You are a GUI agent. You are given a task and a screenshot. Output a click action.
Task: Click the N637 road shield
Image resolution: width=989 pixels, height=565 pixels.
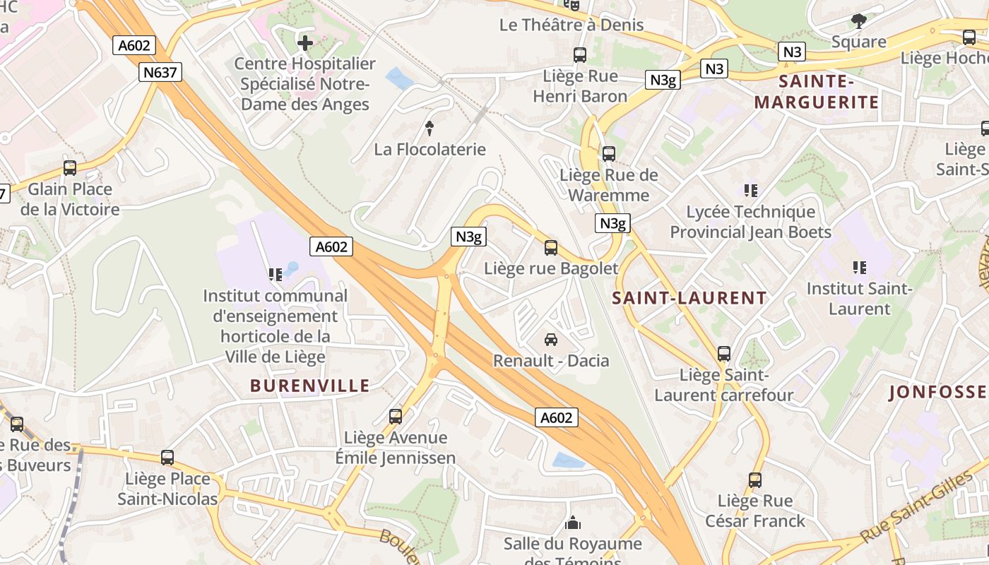coord(160,71)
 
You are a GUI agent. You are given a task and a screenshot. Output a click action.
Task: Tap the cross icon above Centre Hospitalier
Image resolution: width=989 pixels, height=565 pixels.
coord(305,43)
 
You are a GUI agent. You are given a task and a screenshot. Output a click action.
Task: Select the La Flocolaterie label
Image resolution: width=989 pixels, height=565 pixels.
coord(430,149)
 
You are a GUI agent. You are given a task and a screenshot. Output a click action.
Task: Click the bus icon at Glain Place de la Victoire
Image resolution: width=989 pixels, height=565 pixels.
coord(69,168)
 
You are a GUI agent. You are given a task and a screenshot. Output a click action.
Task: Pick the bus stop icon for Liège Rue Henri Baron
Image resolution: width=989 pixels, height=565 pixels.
coord(580,54)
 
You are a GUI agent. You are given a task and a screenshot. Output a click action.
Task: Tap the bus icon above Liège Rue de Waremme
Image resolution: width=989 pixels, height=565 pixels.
coord(608,153)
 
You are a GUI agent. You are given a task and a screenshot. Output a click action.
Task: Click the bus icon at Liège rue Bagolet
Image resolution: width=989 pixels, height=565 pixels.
coord(551,248)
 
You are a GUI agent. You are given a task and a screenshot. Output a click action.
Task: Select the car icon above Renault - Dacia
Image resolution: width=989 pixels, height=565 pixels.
coord(551,340)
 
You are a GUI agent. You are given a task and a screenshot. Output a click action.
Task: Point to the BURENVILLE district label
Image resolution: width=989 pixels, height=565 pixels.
coord(310,386)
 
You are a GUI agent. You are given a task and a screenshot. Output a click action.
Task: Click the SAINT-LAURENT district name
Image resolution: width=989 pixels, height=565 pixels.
coord(689,298)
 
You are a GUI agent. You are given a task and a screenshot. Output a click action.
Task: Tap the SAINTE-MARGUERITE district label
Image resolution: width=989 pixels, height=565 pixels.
coord(817,92)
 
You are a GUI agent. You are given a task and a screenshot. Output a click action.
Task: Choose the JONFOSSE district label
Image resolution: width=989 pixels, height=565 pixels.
coord(937,393)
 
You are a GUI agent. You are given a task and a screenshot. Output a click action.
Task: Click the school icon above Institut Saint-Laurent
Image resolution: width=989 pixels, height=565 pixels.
coord(860,267)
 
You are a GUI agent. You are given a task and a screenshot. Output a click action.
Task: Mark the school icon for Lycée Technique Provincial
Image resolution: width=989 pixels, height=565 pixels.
coord(751,190)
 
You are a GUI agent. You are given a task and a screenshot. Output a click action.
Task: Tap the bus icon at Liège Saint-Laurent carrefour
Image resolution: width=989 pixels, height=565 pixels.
coord(724,353)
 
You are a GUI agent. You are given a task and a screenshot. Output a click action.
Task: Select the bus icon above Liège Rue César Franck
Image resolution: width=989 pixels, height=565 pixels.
coord(755,480)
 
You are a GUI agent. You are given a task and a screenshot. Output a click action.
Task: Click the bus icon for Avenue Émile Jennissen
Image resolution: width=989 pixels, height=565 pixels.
coord(396,417)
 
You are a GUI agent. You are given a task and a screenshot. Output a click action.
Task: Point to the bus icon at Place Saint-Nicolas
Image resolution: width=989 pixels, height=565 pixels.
coord(167,458)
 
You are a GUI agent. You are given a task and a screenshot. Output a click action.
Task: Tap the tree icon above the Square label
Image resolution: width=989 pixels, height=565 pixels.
coord(859,20)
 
